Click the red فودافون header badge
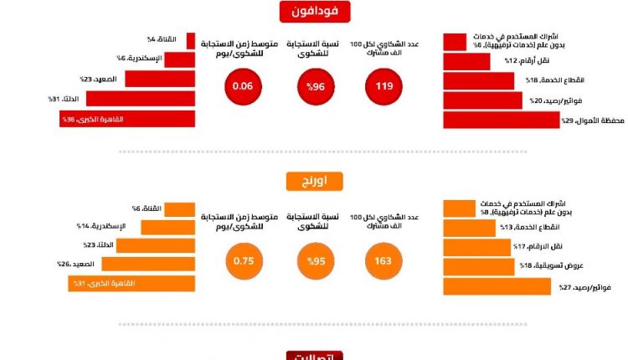314,12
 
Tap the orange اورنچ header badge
314,183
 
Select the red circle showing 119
384,85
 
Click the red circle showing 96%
314,85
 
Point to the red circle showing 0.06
243,85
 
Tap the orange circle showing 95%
314,260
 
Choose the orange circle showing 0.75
243,260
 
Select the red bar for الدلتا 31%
141,100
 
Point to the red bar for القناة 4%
190,40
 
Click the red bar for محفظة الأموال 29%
501,121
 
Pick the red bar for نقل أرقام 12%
466,61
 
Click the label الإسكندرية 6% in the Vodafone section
139,59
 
